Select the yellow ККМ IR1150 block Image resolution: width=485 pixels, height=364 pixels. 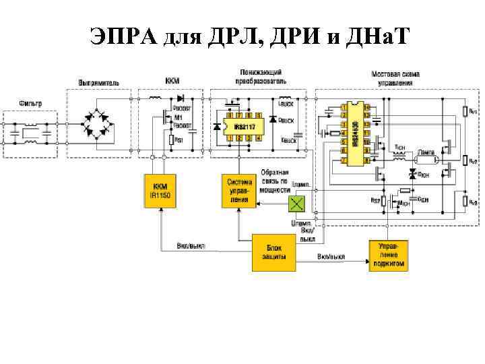[160, 190]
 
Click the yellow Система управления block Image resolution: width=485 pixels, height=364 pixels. [239, 191]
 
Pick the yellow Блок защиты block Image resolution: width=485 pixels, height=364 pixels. [273, 252]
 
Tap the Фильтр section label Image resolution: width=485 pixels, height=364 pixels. [30, 104]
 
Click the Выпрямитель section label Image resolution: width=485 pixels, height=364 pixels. [100, 82]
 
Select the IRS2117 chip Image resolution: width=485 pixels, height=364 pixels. [243, 126]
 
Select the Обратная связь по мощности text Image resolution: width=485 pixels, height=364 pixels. [274, 181]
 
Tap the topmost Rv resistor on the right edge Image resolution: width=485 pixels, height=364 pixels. [465, 111]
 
